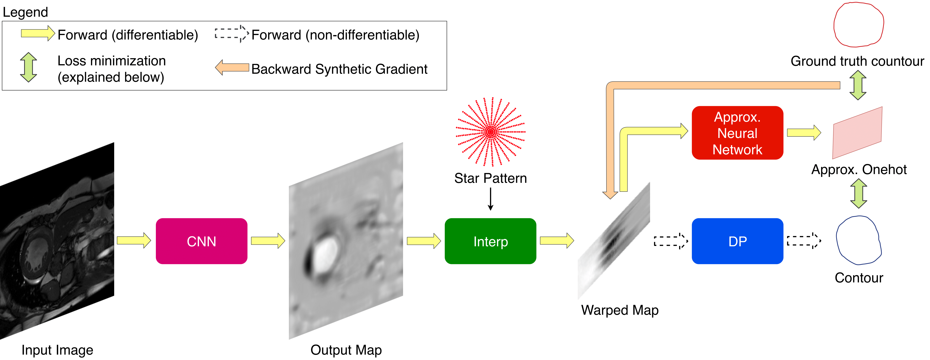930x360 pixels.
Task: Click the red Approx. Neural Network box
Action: [x=737, y=133]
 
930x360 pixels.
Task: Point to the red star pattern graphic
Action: [x=490, y=132]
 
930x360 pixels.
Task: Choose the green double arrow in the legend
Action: [x=29, y=67]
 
